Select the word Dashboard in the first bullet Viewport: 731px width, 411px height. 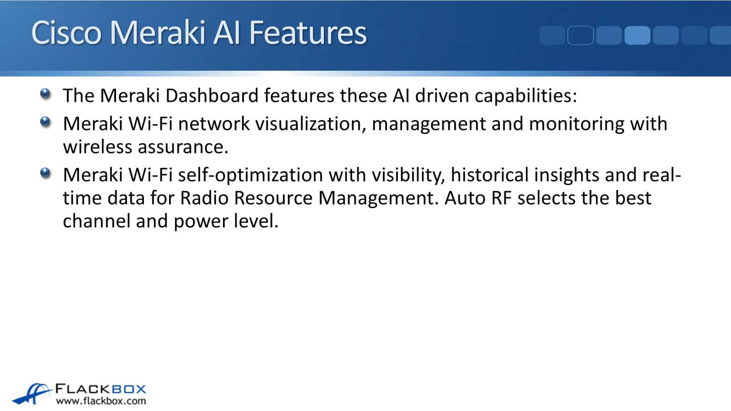[212, 95]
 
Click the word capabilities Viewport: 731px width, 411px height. [526, 96]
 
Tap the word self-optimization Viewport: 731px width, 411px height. [251, 176]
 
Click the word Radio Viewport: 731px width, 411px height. [204, 198]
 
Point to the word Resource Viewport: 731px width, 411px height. [274, 198]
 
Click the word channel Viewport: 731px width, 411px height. [96, 221]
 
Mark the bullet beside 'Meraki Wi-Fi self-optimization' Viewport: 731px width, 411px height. [45, 173]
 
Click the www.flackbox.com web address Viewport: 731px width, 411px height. [101, 401]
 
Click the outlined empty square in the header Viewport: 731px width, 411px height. [581, 35]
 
